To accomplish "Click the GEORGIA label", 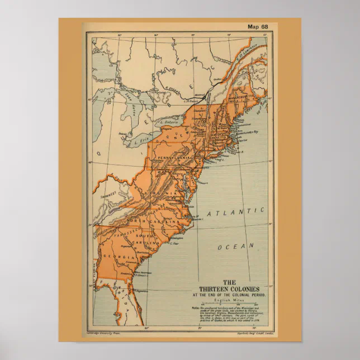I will [x=118, y=256].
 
